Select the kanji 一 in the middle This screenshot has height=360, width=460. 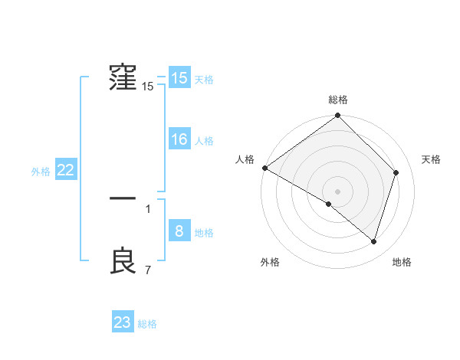[123, 198]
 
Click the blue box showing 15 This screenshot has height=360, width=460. [179, 78]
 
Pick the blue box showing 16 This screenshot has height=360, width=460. [179, 139]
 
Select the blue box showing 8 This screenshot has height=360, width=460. [179, 231]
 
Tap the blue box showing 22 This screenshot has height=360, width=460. [65, 170]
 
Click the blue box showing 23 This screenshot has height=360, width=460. [123, 322]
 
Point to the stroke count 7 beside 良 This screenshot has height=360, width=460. [148, 270]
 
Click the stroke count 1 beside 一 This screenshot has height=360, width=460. [148, 208]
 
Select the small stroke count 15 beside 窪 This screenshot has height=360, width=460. [148, 87]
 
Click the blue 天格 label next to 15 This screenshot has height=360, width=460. [204, 80]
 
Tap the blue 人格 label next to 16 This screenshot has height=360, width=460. [204, 141]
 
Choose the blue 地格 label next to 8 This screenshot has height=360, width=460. [204, 233]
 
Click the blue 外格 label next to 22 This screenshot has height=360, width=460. [41, 172]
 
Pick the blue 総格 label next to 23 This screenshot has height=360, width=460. [147, 324]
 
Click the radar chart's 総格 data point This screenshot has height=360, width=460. [338, 116]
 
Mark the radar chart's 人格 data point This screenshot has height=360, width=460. [264, 168]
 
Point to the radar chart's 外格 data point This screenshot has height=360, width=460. [329, 204]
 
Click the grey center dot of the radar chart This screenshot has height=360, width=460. [338, 191]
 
